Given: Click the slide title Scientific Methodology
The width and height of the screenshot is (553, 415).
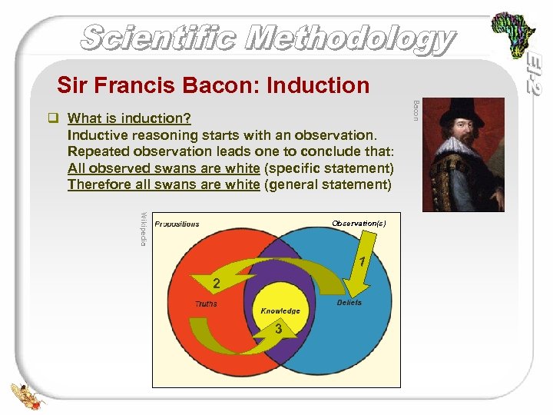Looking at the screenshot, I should pyautogui.click(x=267, y=38).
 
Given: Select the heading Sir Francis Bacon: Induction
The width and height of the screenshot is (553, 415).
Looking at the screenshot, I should pyautogui.click(x=213, y=85).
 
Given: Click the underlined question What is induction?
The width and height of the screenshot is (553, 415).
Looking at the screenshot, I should pyautogui.click(x=130, y=119).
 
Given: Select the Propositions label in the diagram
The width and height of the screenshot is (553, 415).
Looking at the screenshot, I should pyautogui.click(x=177, y=224).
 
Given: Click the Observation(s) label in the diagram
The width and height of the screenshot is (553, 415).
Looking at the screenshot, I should pyautogui.click(x=359, y=223).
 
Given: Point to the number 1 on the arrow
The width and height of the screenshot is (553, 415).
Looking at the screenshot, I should pyautogui.click(x=361, y=261).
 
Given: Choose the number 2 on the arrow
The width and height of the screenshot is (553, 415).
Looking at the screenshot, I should pyautogui.click(x=217, y=284).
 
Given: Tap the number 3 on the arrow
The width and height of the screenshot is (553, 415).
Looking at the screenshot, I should pyautogui.click(x=279, y=329).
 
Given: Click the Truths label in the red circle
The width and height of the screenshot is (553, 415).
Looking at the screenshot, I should pyautogui.click(x=205, y=304).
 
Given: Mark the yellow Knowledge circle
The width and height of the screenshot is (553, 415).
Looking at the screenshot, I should pyautogui.click(x=280, y=310).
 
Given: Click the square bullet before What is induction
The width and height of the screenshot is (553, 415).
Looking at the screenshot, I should pyautogui.click(x=53, y=119).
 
